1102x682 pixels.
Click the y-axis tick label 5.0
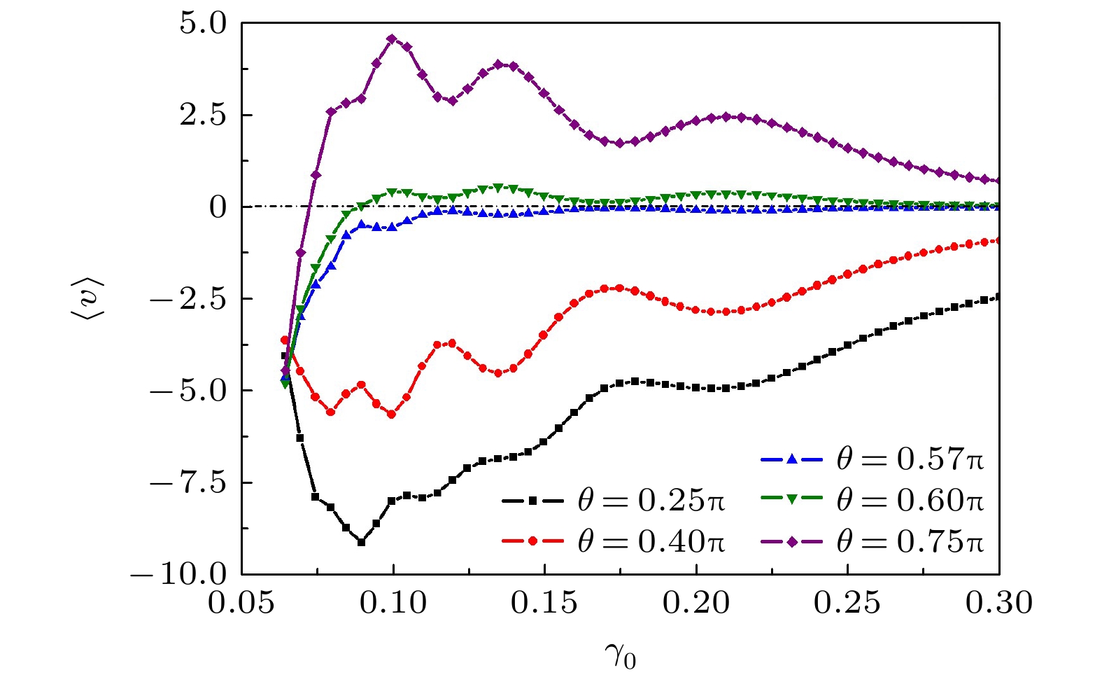click(204, 23)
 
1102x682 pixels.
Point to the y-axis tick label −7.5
click(189, 482)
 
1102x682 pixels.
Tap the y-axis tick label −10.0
click(180, 574)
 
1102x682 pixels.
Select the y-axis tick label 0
click(218, 207)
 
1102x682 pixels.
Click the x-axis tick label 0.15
click(544, 603)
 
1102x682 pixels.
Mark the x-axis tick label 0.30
click(999, 603)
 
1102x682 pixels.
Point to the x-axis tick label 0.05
click(241, 603)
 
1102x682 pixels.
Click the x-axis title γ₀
click(620, 657)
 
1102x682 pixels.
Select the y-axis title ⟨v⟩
click(87, 298)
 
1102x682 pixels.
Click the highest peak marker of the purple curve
click(392, 39)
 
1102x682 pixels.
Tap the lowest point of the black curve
click(361, 542)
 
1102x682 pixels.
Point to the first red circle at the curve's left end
click(285, 340)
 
